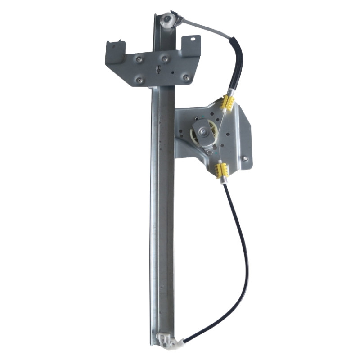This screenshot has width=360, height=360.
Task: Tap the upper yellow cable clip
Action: click(228, 103)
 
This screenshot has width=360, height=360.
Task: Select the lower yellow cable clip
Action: click(221, 170)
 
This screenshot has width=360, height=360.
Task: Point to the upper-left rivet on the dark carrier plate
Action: click(139, 59)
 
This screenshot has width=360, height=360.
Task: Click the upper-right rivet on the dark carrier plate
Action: click(165, 59)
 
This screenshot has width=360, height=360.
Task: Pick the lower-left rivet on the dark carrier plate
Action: click(139, 80)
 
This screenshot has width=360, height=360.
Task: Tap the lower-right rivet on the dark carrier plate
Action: click(186, 77)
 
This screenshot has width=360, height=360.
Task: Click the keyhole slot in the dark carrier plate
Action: click(158, 69)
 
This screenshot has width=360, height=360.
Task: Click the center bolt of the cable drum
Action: click(203, 132)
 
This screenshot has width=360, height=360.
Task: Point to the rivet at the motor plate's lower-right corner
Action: click(245, 158)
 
